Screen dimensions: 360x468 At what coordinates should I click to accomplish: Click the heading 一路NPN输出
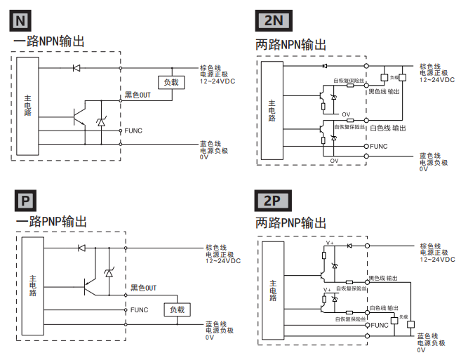point(50,41)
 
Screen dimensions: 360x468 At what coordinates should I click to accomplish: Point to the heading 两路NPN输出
point(291,45)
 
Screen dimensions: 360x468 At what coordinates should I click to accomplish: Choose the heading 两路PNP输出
point(291,223)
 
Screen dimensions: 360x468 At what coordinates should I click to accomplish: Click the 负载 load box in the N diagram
point(171,82)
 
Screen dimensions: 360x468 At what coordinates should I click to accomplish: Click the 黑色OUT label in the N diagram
point(138,95)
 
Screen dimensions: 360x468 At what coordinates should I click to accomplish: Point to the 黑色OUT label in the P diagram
point(143,288)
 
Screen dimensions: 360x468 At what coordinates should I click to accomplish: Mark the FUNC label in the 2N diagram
point(379,146)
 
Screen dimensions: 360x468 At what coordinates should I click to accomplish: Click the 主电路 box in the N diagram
point(27,105)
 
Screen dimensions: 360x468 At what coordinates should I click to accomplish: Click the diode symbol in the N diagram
point(76,69)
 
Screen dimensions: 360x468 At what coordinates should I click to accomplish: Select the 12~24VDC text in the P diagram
point(223,260)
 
